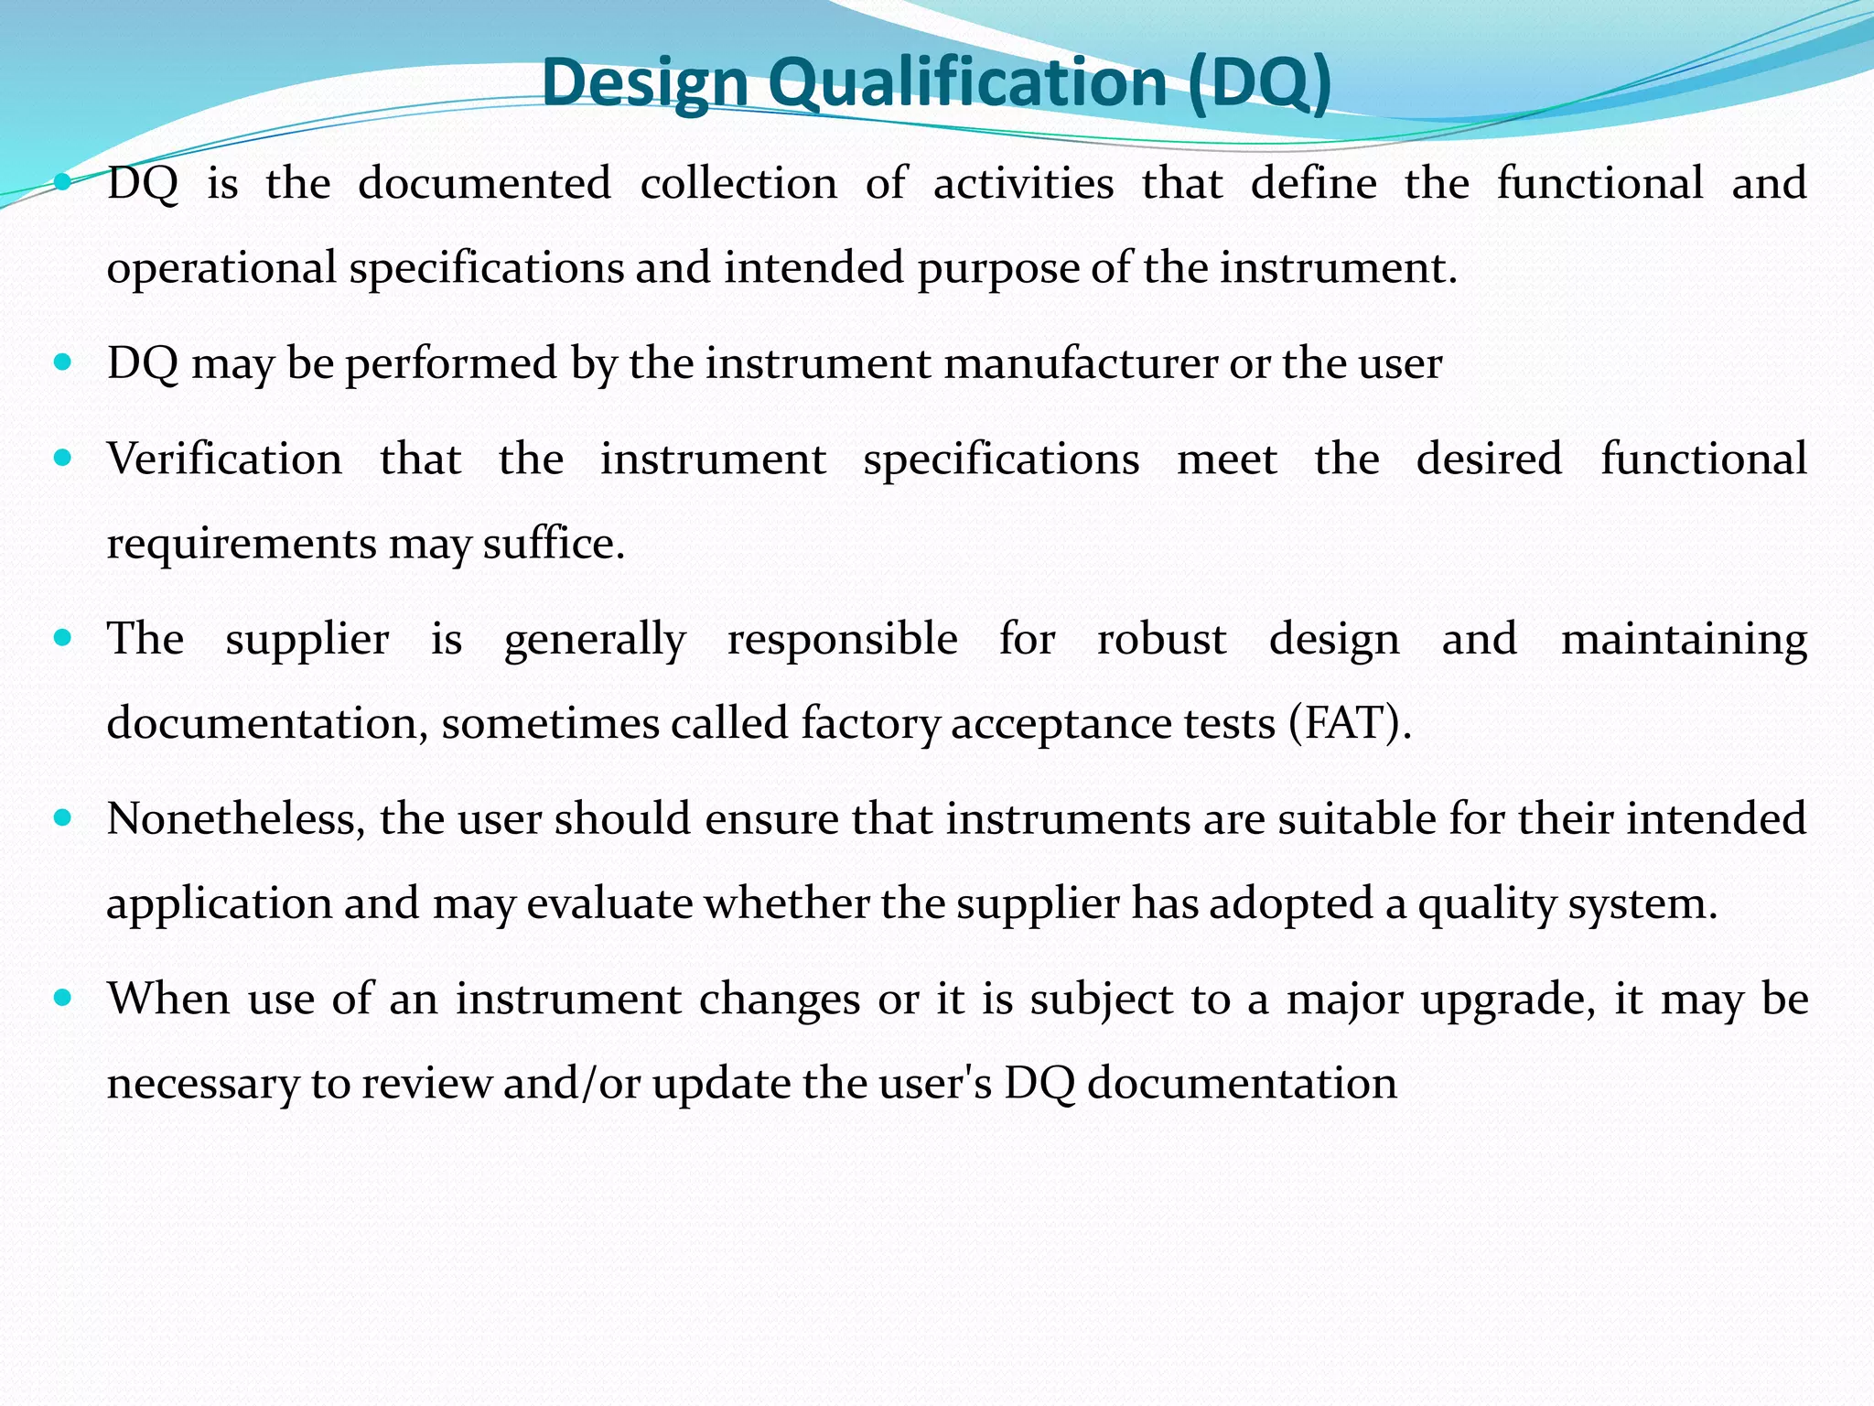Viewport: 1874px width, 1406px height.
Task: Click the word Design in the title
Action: (645, 82)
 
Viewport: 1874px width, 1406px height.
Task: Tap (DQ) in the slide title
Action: (1260, 82)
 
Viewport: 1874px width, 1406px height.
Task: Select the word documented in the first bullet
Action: (484, 183)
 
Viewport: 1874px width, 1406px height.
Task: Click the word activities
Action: (1023, 183)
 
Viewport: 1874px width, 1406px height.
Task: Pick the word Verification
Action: (224, 459)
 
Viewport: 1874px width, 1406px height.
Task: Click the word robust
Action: (1161, 639)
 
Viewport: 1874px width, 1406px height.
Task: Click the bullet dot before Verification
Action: (62, 457)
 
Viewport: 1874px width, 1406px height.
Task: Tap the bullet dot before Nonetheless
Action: (62, 817)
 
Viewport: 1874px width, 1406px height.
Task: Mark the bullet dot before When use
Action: (62, 997)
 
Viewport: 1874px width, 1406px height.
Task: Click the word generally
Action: (595, 639)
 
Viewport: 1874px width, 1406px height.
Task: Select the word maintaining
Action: (1684, 639)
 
